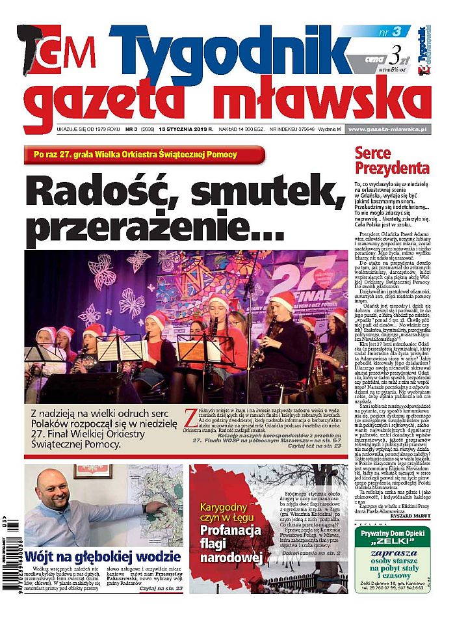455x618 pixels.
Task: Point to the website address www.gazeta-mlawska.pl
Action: [387, 129]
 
